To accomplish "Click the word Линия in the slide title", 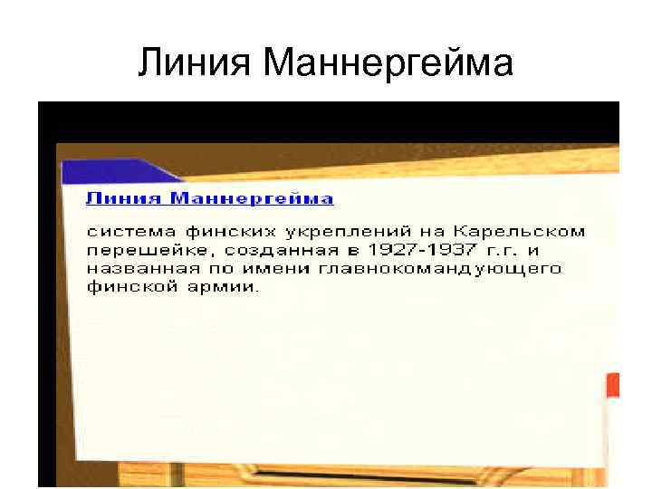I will coord(197,62).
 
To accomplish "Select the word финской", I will coord(126,287).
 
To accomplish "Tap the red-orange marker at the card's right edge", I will coord(612,387).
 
